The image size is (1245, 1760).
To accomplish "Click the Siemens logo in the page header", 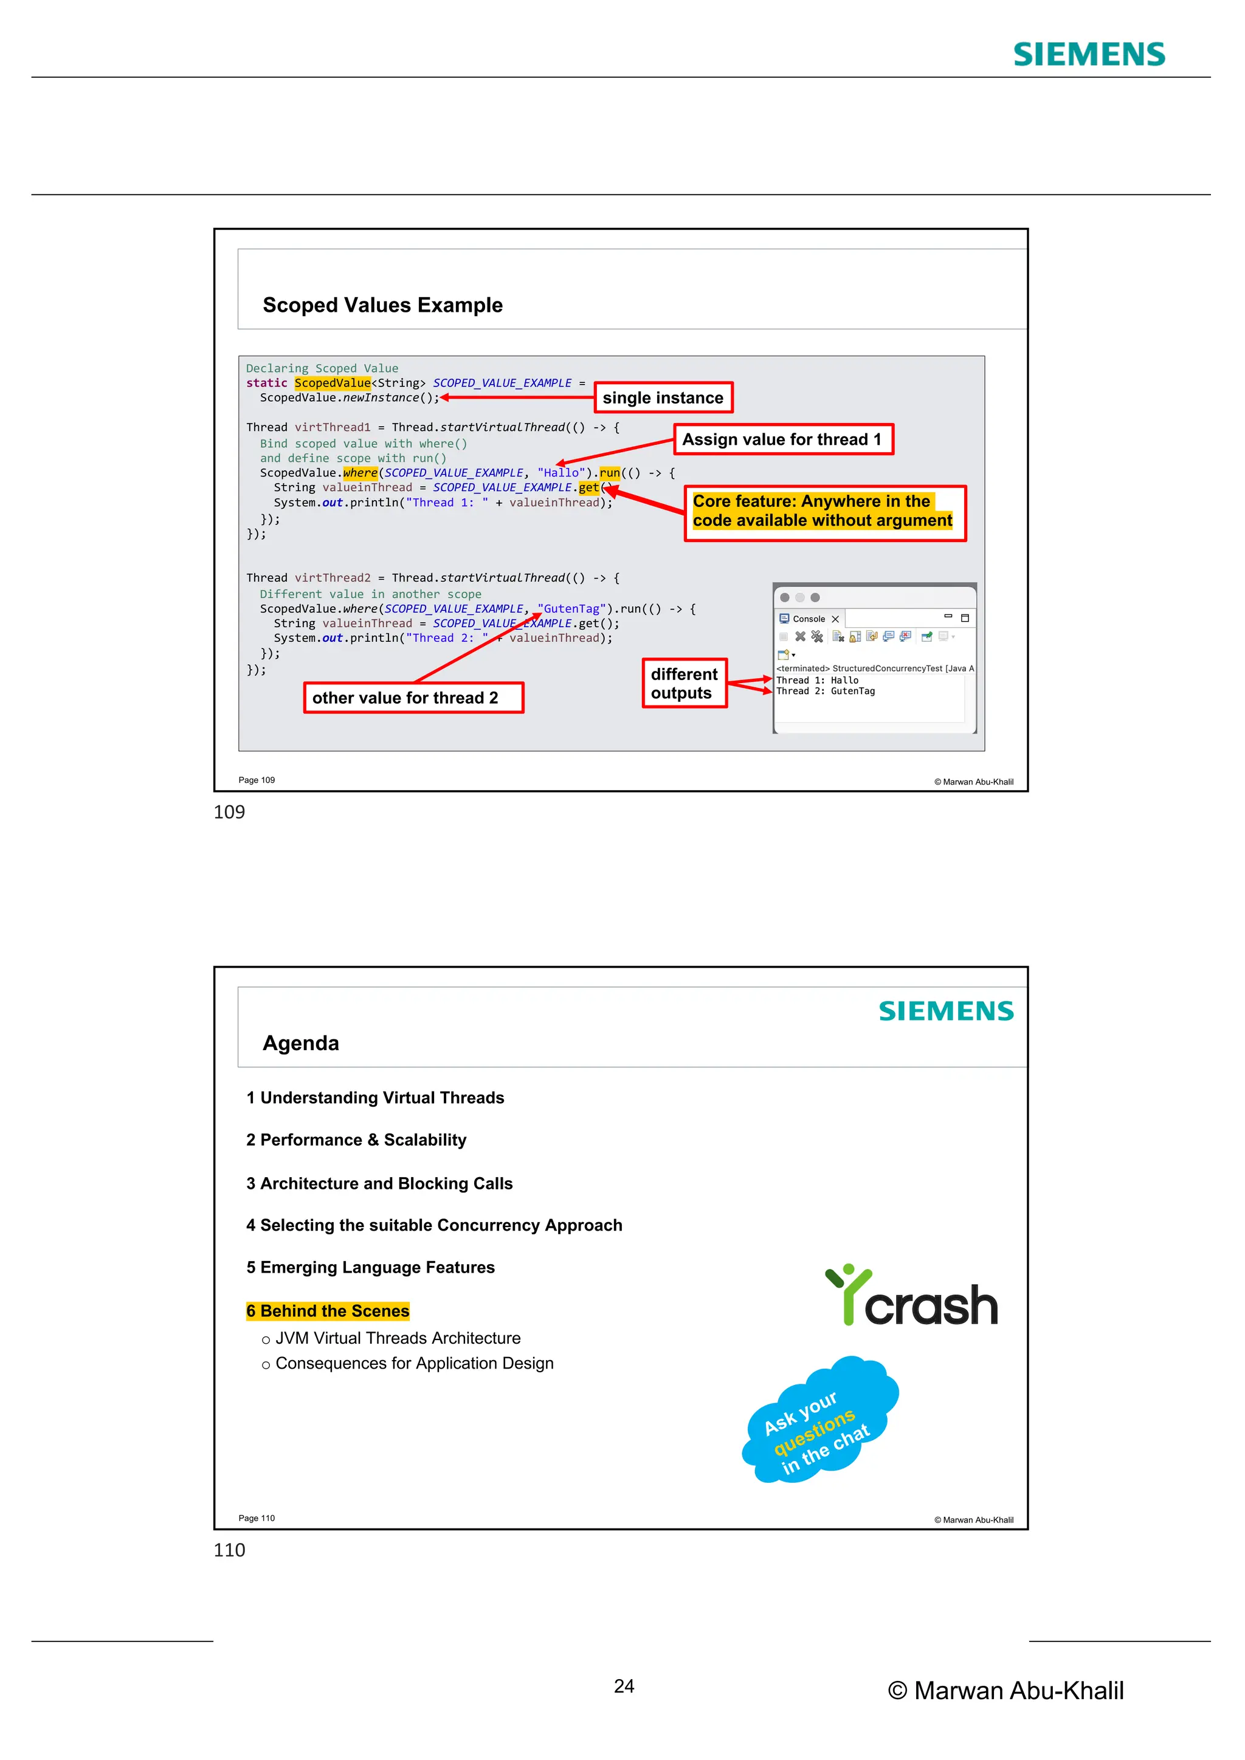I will click(1089, 55).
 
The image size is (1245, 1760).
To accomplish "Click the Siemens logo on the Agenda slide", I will click(946, 1011).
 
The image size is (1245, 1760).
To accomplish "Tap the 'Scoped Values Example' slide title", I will click(382, 305).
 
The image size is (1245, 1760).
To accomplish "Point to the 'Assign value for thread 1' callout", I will click(783, 439).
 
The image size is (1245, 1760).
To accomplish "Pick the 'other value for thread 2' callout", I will click(413, 698).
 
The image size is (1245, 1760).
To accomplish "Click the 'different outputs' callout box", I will click(684, 683).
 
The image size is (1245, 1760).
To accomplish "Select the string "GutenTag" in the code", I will click(572, 608).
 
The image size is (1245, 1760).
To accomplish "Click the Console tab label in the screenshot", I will click(808, 619).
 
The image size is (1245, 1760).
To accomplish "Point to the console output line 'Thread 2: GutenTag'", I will click(825, 692).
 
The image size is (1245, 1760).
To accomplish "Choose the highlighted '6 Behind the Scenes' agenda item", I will click(328, 1311).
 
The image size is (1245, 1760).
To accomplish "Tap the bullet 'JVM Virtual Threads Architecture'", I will click(397, 1338).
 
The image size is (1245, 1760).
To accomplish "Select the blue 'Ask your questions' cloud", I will click(818, 1421).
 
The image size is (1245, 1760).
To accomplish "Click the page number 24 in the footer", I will click(624, 1686).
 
